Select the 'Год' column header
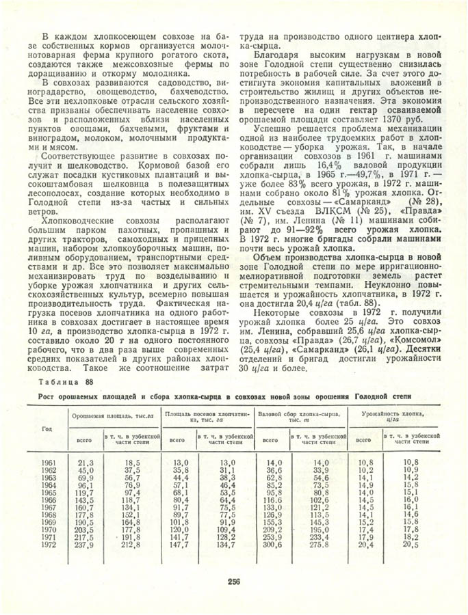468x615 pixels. tap(47, 428)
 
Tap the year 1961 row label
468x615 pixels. tap(49, 463)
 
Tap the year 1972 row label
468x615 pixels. tap(49, 545)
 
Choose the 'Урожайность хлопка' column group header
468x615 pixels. tap(391, 417)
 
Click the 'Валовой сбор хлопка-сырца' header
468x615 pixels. tap(300, 417)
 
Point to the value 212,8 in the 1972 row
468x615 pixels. tap(131, 545)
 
